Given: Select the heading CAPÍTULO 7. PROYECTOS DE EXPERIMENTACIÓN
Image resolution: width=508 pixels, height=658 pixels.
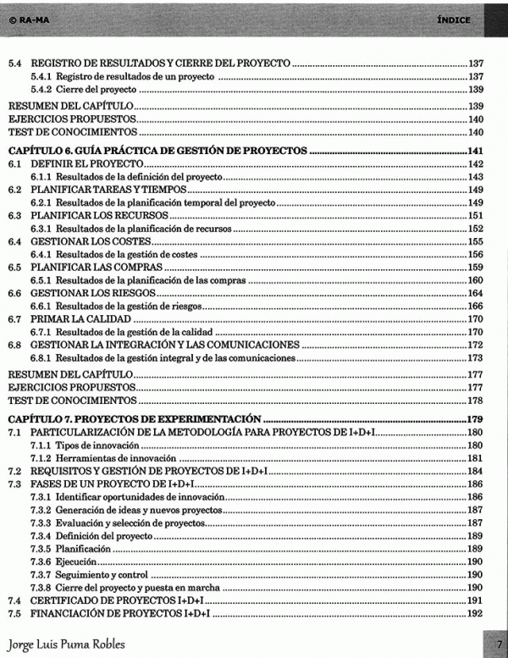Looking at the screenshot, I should tap(133, 419).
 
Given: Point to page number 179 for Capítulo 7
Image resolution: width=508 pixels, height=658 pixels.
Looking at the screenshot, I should tap(475, 419).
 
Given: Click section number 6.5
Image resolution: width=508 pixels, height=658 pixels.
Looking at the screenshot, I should tap(14, 266).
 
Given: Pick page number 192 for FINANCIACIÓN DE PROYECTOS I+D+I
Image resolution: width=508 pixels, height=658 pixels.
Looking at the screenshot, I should tap(475, 612).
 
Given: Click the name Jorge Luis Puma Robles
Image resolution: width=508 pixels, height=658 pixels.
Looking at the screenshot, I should tap(66, 644).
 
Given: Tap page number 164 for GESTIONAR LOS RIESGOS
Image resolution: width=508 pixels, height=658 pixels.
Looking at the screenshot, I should tap(475, 292).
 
